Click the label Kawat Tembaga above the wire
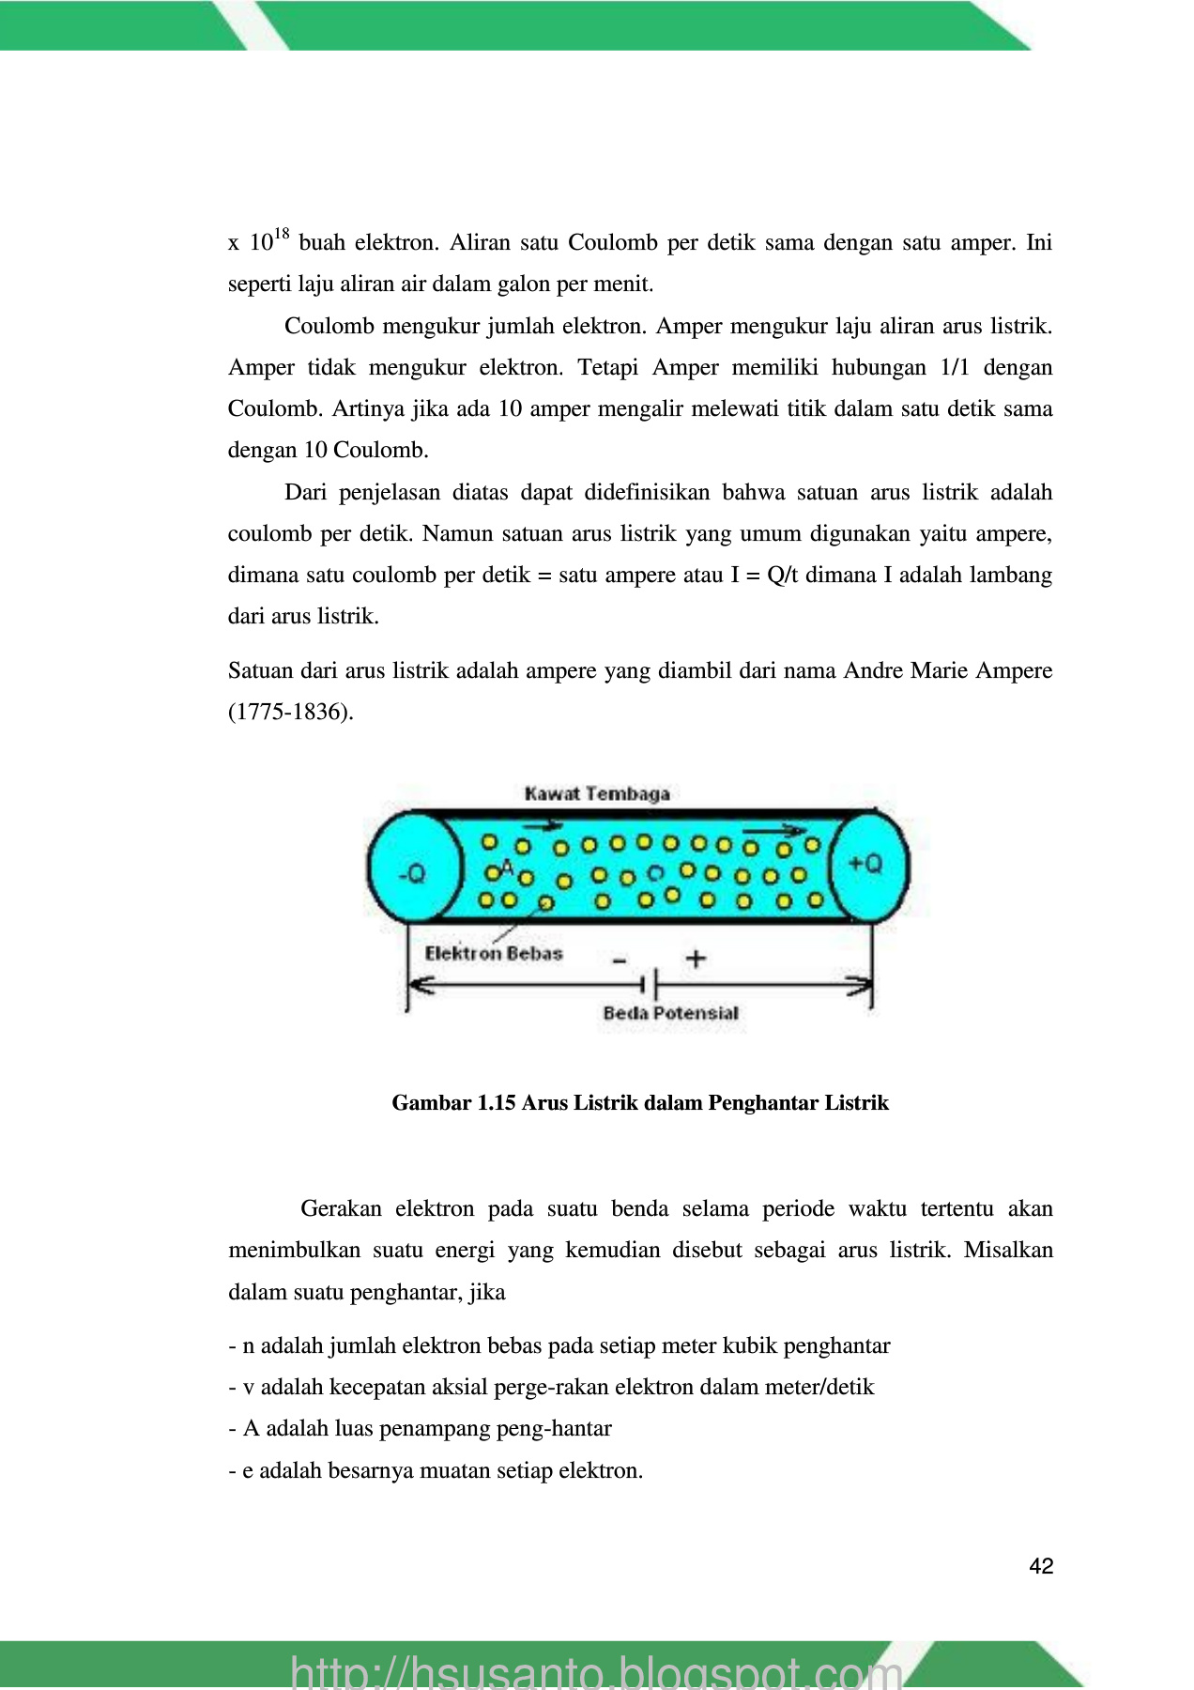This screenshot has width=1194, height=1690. (x=597, y=794)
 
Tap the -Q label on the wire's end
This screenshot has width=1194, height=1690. (x=412, y=874)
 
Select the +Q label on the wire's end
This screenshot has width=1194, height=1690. (x=865, y=864)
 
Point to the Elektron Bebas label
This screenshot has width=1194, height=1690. (x=494, y=954)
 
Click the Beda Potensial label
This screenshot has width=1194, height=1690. (x=670, y=1013)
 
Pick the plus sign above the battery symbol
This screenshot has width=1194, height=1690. (x=696, y=959)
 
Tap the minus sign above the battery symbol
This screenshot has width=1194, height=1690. (x=620, y=960)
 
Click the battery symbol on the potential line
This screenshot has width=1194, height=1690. (x=649, y=985)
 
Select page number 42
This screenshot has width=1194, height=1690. (x=1041, y=1566)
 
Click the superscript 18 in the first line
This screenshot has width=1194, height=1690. (x=282, y=234)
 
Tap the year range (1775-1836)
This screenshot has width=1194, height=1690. (x=291, y=712)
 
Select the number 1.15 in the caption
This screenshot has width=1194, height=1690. (x=497, y=1102)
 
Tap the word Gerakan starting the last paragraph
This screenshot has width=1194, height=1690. (x=341, y=1208)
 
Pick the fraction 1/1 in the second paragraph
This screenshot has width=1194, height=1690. (x=954, y=367)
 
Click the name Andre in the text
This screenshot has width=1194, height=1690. (x=873, y=670)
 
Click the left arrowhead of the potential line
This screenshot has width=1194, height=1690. (x=419, y=985)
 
